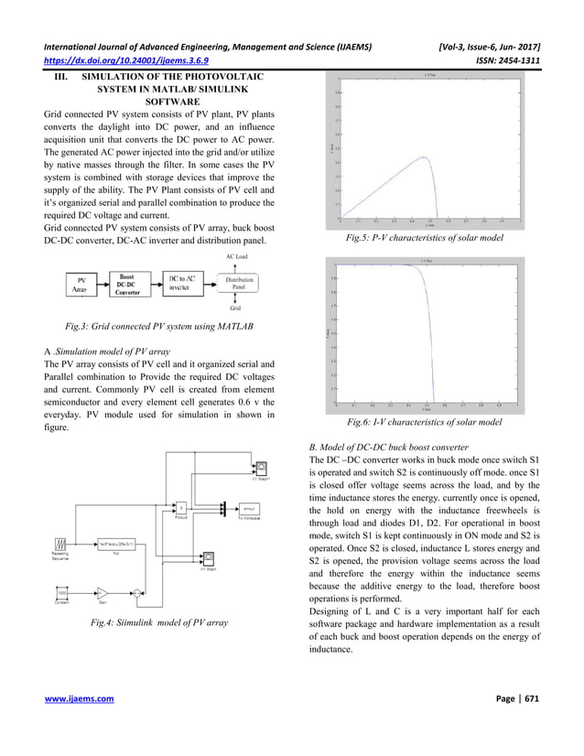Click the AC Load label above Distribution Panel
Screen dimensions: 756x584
(235, 258)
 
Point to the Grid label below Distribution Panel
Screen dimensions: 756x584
(235, 309)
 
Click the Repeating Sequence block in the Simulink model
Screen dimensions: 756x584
(60, 543)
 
